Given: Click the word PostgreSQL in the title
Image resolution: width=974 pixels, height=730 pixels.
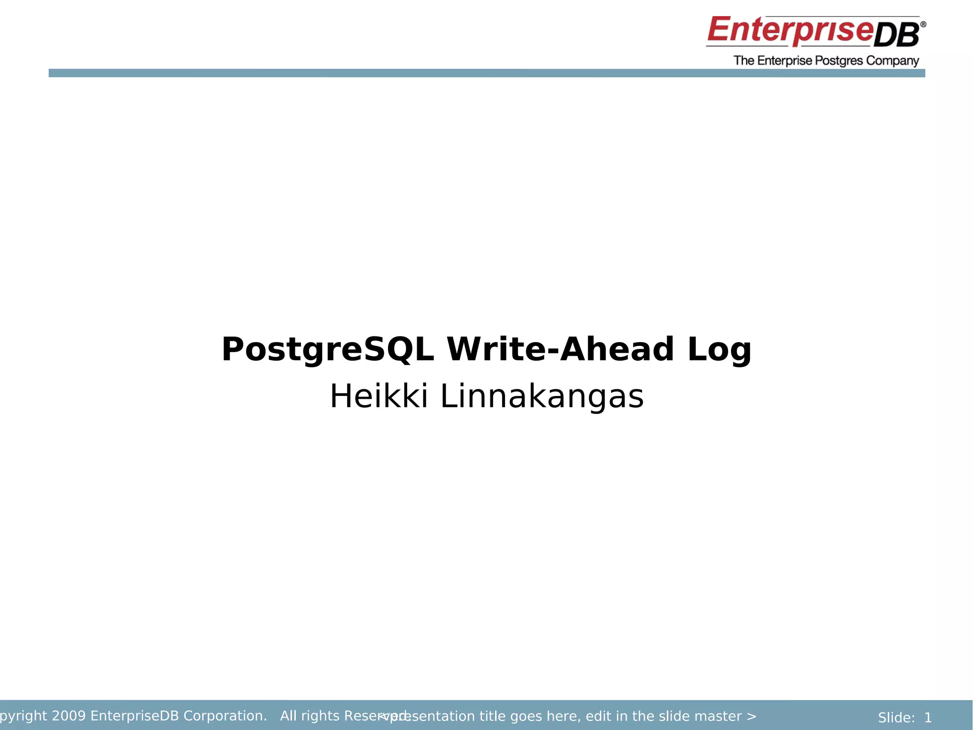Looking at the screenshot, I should coord(327,350).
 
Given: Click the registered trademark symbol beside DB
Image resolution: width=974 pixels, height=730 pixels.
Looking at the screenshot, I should coord(923,24).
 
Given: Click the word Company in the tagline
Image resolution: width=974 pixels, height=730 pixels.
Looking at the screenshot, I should coord(892,61).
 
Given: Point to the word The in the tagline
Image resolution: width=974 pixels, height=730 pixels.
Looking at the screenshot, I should coord(744,61).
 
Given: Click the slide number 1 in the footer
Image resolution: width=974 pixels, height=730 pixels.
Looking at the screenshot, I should coord(928,718).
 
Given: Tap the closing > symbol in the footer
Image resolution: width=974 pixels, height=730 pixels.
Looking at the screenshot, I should coord(751,716).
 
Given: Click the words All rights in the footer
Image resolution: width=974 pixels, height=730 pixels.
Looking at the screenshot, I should coord(310,716).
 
